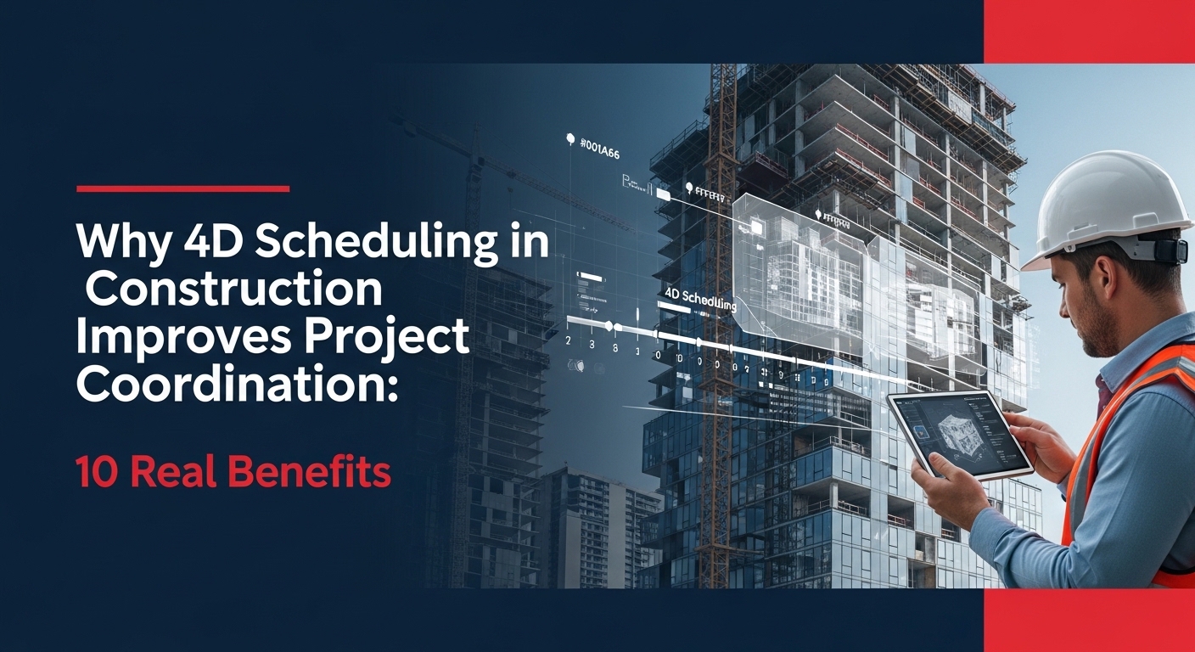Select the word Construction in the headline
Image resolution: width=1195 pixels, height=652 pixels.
point(234,290)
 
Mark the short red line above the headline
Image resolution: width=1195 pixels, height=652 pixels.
point(182,188)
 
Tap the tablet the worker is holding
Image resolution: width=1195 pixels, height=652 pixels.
point(959,433)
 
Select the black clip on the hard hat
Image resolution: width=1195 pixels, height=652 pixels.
point(1170,250)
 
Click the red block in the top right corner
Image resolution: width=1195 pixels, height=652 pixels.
point(1089,31)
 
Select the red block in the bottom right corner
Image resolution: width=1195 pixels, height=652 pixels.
point(1089,620)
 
